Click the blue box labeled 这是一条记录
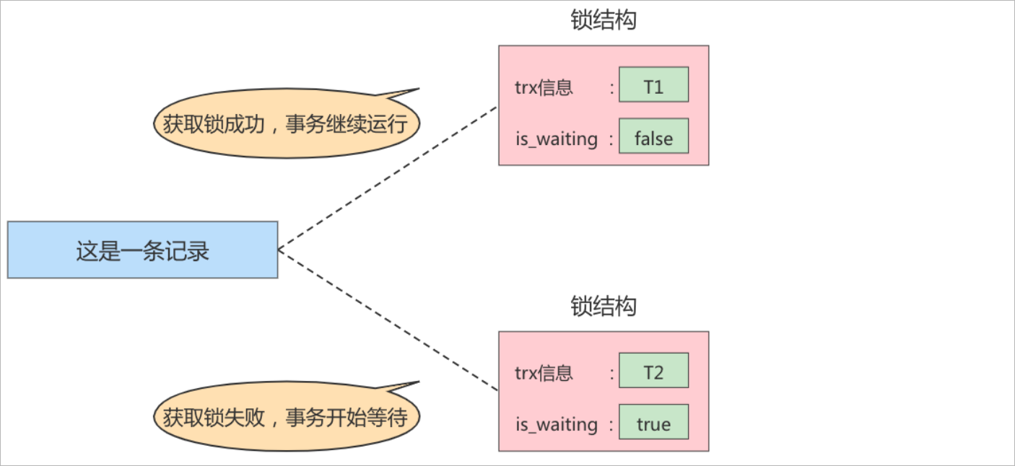142,250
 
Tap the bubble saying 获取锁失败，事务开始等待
286,418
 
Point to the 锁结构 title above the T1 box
604,20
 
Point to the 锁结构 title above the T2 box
604,306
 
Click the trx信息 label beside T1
544,87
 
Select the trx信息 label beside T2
544,373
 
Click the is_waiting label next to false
556,139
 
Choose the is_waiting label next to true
556,424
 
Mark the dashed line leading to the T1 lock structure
388,178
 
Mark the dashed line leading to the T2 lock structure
388,320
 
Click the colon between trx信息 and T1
611,88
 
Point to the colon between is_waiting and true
611,425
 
